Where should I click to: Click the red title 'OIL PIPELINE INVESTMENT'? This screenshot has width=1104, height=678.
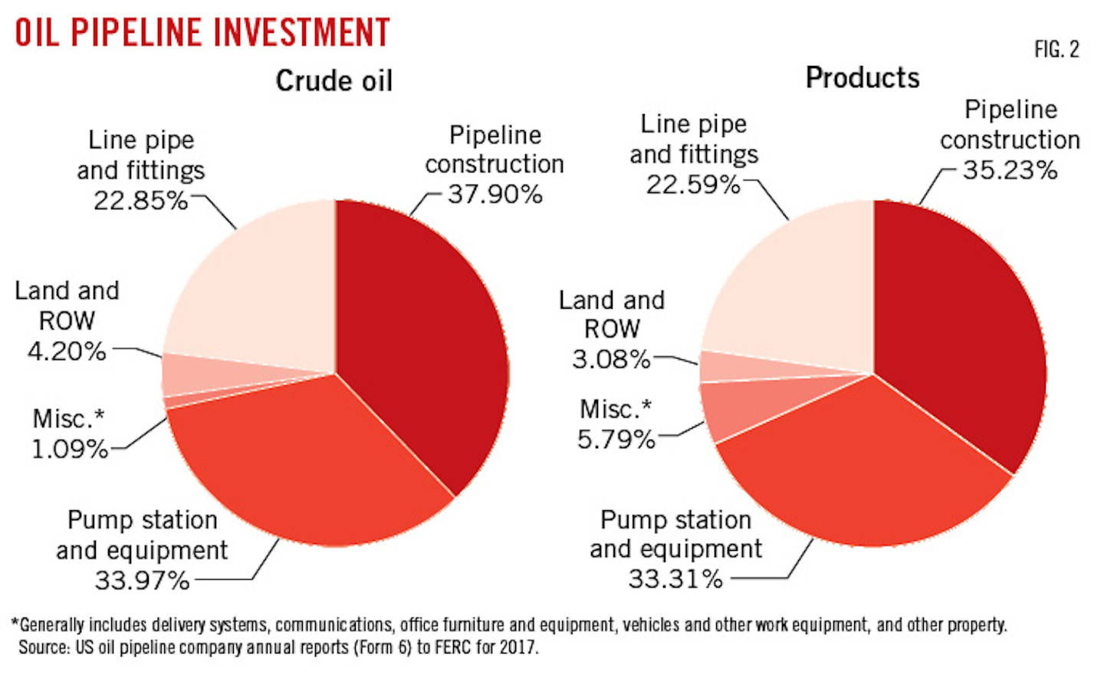pyautogui.click(x=202, y=32)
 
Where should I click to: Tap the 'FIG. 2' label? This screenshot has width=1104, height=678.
pyautogui.click(x=1056, y=50)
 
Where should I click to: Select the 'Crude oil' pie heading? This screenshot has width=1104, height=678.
pyautogui.click(x=333, y=80)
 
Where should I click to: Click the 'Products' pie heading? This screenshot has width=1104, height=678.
pyautogui.click(x=863, y=77)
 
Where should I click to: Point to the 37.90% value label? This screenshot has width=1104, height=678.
pyautogui.click(x=495, y=194)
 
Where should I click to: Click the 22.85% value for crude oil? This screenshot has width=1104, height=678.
pyautogui.click(x=140, y=200)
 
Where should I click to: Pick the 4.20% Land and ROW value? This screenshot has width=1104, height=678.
pyautogui.click(x=67, y=351)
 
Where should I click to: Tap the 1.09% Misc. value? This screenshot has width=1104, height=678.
pyautogui.click(x=69, y=448)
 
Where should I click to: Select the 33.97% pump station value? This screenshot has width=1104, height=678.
pyautogui.click(x=142, y=580)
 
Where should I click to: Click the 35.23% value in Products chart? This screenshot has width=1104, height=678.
pyautogui.click(x=1010, y=169)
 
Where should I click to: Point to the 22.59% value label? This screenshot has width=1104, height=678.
pyautogui.click(x=692, y=185)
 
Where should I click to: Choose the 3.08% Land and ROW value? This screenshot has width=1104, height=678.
pyautogui.click(x=611, y=359)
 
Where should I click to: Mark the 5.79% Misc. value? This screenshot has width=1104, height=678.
pyautogui.click(x=616, y=439)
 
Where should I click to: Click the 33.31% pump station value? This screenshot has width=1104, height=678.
pyautogui.click(x=675, y=578)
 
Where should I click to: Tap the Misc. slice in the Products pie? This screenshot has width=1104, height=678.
pyautogui.click(x=740, y=406)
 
